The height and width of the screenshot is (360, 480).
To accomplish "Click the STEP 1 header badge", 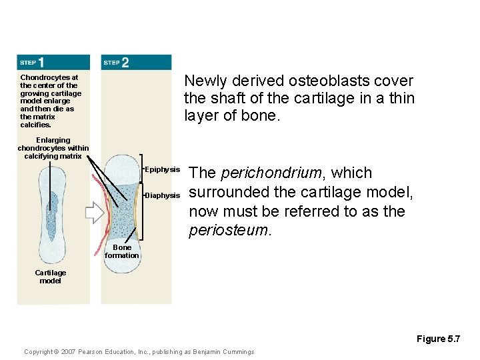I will tap(32, 63).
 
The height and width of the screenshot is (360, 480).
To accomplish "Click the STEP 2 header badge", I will tap(116, 63).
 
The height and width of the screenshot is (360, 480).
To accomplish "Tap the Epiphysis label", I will tap(163, 170).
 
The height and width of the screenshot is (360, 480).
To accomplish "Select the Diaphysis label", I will tap(163, 195).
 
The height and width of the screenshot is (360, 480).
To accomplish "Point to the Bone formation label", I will tap(122, 251).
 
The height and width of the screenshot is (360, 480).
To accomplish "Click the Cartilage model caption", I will tap(51, 277).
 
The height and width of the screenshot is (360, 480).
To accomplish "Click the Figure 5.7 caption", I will tap(438, 339).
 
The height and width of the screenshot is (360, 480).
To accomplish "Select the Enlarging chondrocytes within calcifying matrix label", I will tap(53, 148).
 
